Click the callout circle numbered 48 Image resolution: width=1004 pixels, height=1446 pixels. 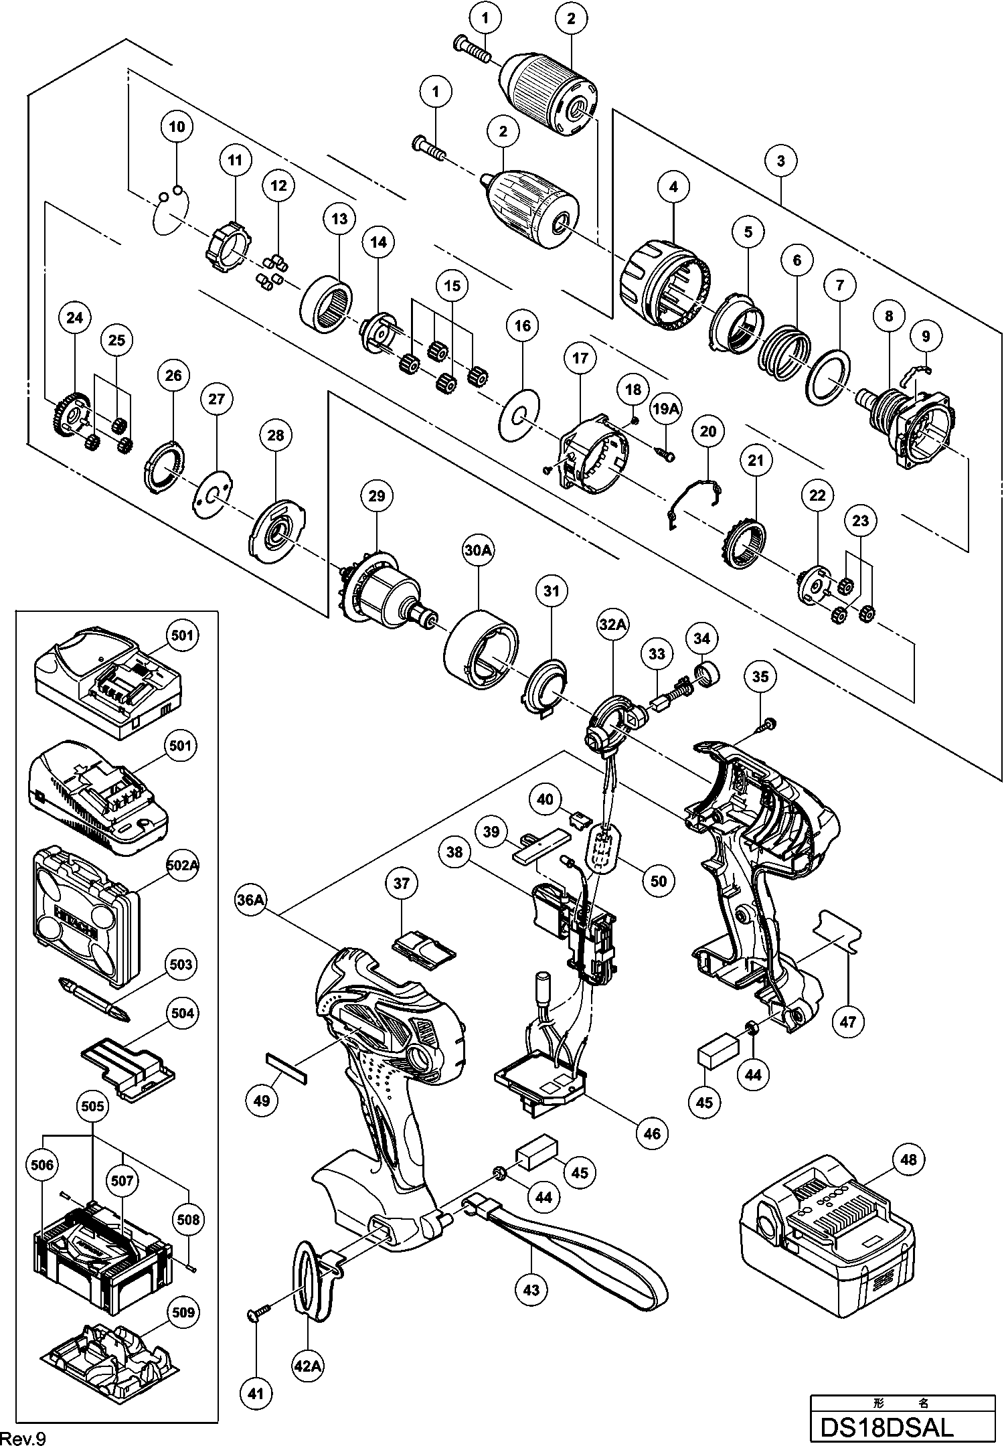coord(908,1159)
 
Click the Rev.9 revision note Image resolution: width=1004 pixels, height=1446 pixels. coord(24,1437)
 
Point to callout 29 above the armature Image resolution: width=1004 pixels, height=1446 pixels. coord(376,495)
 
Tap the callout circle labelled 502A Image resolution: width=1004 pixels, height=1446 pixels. coord(182,864)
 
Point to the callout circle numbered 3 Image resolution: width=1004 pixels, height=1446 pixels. coord(780,161)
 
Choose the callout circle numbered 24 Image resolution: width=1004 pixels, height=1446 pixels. coord(74,317)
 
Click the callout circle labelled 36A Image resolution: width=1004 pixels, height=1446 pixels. coord(251,900)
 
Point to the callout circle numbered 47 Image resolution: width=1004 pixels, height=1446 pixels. coord(847,1022)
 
